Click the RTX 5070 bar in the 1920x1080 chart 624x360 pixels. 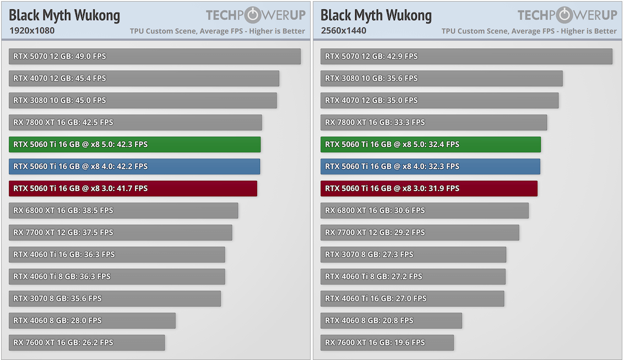(x=155, y=56)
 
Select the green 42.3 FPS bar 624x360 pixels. (x=134, y=144)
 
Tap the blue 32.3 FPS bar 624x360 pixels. (x=430, y=166)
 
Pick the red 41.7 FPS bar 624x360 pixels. (x=133, y=188)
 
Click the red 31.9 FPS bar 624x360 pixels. (x=428, y=188)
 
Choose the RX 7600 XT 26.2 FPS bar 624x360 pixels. (x=86, y=342)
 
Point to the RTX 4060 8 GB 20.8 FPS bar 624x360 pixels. (x=391, y=320)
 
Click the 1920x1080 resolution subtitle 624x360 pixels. (x=32, y=31)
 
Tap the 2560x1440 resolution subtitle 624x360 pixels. (x=343, y=31)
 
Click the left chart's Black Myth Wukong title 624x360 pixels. (x=64, y=15)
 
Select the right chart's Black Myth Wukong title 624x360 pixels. (x=376, y=15)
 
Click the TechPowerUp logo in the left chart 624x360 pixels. (x=256, y=15)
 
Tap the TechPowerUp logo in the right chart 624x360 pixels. (x=567, y=15)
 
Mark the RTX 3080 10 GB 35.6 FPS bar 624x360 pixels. (x=441, y=78)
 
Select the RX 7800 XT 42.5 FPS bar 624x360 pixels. (x=135, y=122)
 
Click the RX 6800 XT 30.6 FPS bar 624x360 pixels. (x=424, y=210)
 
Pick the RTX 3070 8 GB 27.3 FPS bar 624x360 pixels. (x=413, y=254)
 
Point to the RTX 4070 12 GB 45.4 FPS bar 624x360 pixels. (x=144, y=78)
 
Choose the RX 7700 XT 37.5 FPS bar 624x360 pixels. (x=120, y=232)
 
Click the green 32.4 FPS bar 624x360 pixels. (x=430, y=144)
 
